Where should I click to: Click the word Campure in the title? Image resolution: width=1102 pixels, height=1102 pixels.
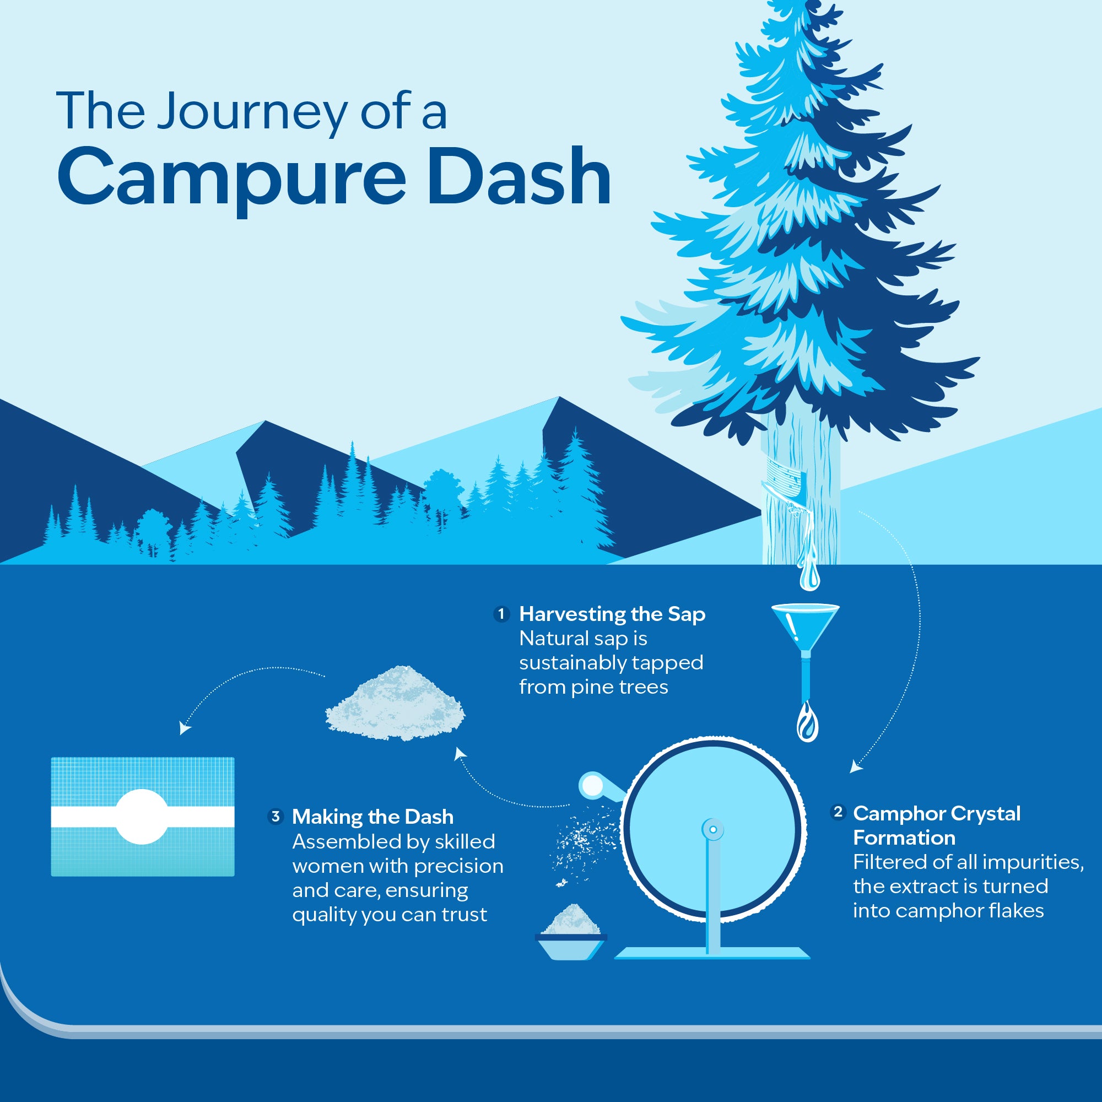tap(231, 179)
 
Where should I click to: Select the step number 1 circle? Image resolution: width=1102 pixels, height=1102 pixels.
tap(501, 614)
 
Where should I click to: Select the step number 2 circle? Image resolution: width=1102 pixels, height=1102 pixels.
tap(838, 812)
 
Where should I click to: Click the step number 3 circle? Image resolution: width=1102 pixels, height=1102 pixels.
tap(275, 816)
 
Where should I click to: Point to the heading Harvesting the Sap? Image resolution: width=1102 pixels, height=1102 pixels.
tap(612, 614)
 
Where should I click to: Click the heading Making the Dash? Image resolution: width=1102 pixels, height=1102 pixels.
tap(372, 817)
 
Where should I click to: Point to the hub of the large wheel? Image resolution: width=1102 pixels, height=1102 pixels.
tap(713, 829)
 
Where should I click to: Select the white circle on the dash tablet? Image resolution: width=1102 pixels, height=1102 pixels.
tap(142, 816)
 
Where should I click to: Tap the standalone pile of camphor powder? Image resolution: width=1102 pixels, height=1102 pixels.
tap(396, 703)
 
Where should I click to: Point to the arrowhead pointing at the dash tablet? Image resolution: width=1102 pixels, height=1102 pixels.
tap(185, 728)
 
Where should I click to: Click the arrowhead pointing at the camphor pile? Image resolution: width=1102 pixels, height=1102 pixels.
tap(460, 754)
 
